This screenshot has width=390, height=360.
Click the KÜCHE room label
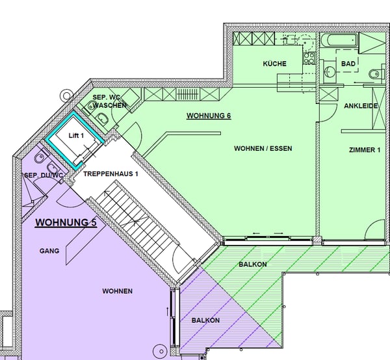274,64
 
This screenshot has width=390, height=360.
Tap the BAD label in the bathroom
348,64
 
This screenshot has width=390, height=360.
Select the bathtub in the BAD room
339,40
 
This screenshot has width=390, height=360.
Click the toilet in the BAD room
376,73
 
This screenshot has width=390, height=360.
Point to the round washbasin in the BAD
330,71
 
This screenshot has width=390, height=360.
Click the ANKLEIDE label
361,106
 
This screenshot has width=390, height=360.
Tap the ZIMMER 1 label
365,150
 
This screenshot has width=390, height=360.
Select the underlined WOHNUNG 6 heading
209,116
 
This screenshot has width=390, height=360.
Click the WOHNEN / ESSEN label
263,148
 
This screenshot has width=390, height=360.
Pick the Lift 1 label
76,136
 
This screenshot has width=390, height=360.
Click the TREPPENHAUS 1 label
110,174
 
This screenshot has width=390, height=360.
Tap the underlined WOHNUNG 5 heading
66,222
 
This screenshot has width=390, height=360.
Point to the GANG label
49,251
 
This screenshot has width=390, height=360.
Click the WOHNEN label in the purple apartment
118,291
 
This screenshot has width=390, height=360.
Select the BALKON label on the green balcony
253,264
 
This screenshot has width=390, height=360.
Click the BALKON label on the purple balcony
205,320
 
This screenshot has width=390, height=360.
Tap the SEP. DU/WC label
44,175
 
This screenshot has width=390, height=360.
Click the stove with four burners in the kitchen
309,58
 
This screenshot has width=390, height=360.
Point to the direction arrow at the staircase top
107,192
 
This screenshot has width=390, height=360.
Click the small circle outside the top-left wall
66,96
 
